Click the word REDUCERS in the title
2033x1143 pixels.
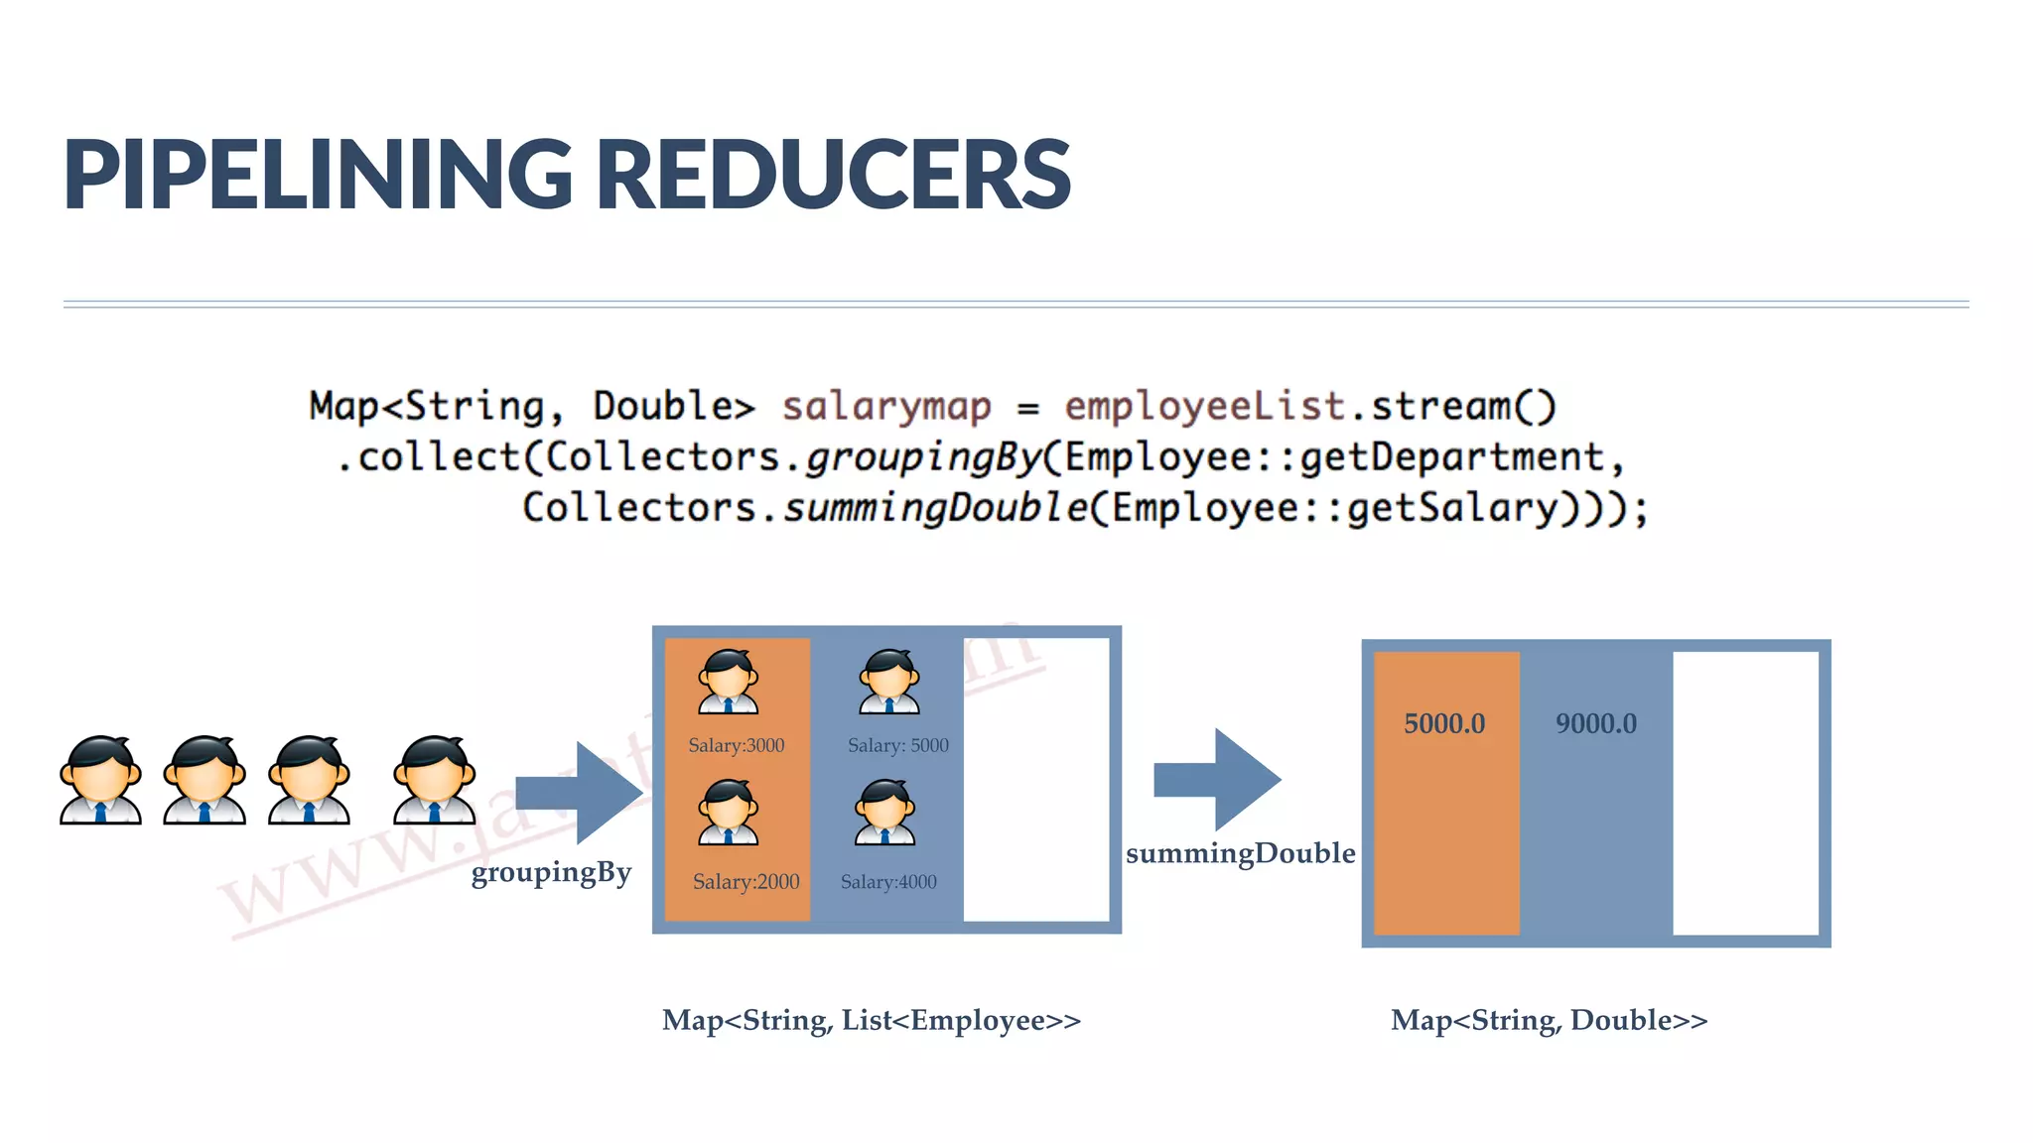[834, 175]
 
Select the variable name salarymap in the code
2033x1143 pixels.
[886, 407]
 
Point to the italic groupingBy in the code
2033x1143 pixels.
[922, 457]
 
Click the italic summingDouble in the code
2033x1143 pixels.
[936, 508]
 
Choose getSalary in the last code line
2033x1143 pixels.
[1452, 508]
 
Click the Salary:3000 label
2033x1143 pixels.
[737, 745]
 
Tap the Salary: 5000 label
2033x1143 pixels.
[898, 745]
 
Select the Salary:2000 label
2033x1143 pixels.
[745, 881]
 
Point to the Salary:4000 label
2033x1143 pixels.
[888, 881]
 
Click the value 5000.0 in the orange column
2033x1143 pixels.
[1444, 723]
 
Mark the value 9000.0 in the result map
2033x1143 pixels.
[1596, 723]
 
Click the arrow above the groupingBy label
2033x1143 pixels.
[581, 792]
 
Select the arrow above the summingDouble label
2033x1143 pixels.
[1218, 779]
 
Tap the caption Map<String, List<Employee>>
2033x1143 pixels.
[872, 1020]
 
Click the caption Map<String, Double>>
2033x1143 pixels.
[1550, 1020]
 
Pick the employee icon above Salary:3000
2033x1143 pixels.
[729, 682]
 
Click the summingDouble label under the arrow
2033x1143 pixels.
[1241, 853]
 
